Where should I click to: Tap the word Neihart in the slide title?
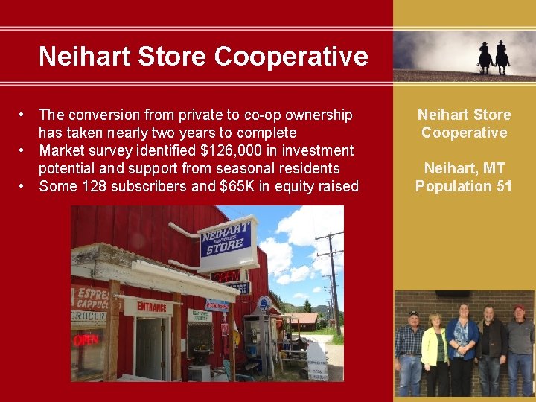[81, 56]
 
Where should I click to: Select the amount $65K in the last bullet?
[237, 186]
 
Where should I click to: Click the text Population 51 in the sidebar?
[464, 186]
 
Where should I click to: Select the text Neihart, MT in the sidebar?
[464, 168]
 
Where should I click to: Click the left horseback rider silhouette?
[485, 58]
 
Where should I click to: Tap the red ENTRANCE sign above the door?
[151, 306]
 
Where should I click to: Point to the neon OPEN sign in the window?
[86, 340]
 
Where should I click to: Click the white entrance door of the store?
[150, 348]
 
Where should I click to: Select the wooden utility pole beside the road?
[332, 283]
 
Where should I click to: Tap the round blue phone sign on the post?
[264, 303]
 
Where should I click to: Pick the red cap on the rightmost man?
[519, 308]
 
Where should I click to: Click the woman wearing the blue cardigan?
[463, 346]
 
